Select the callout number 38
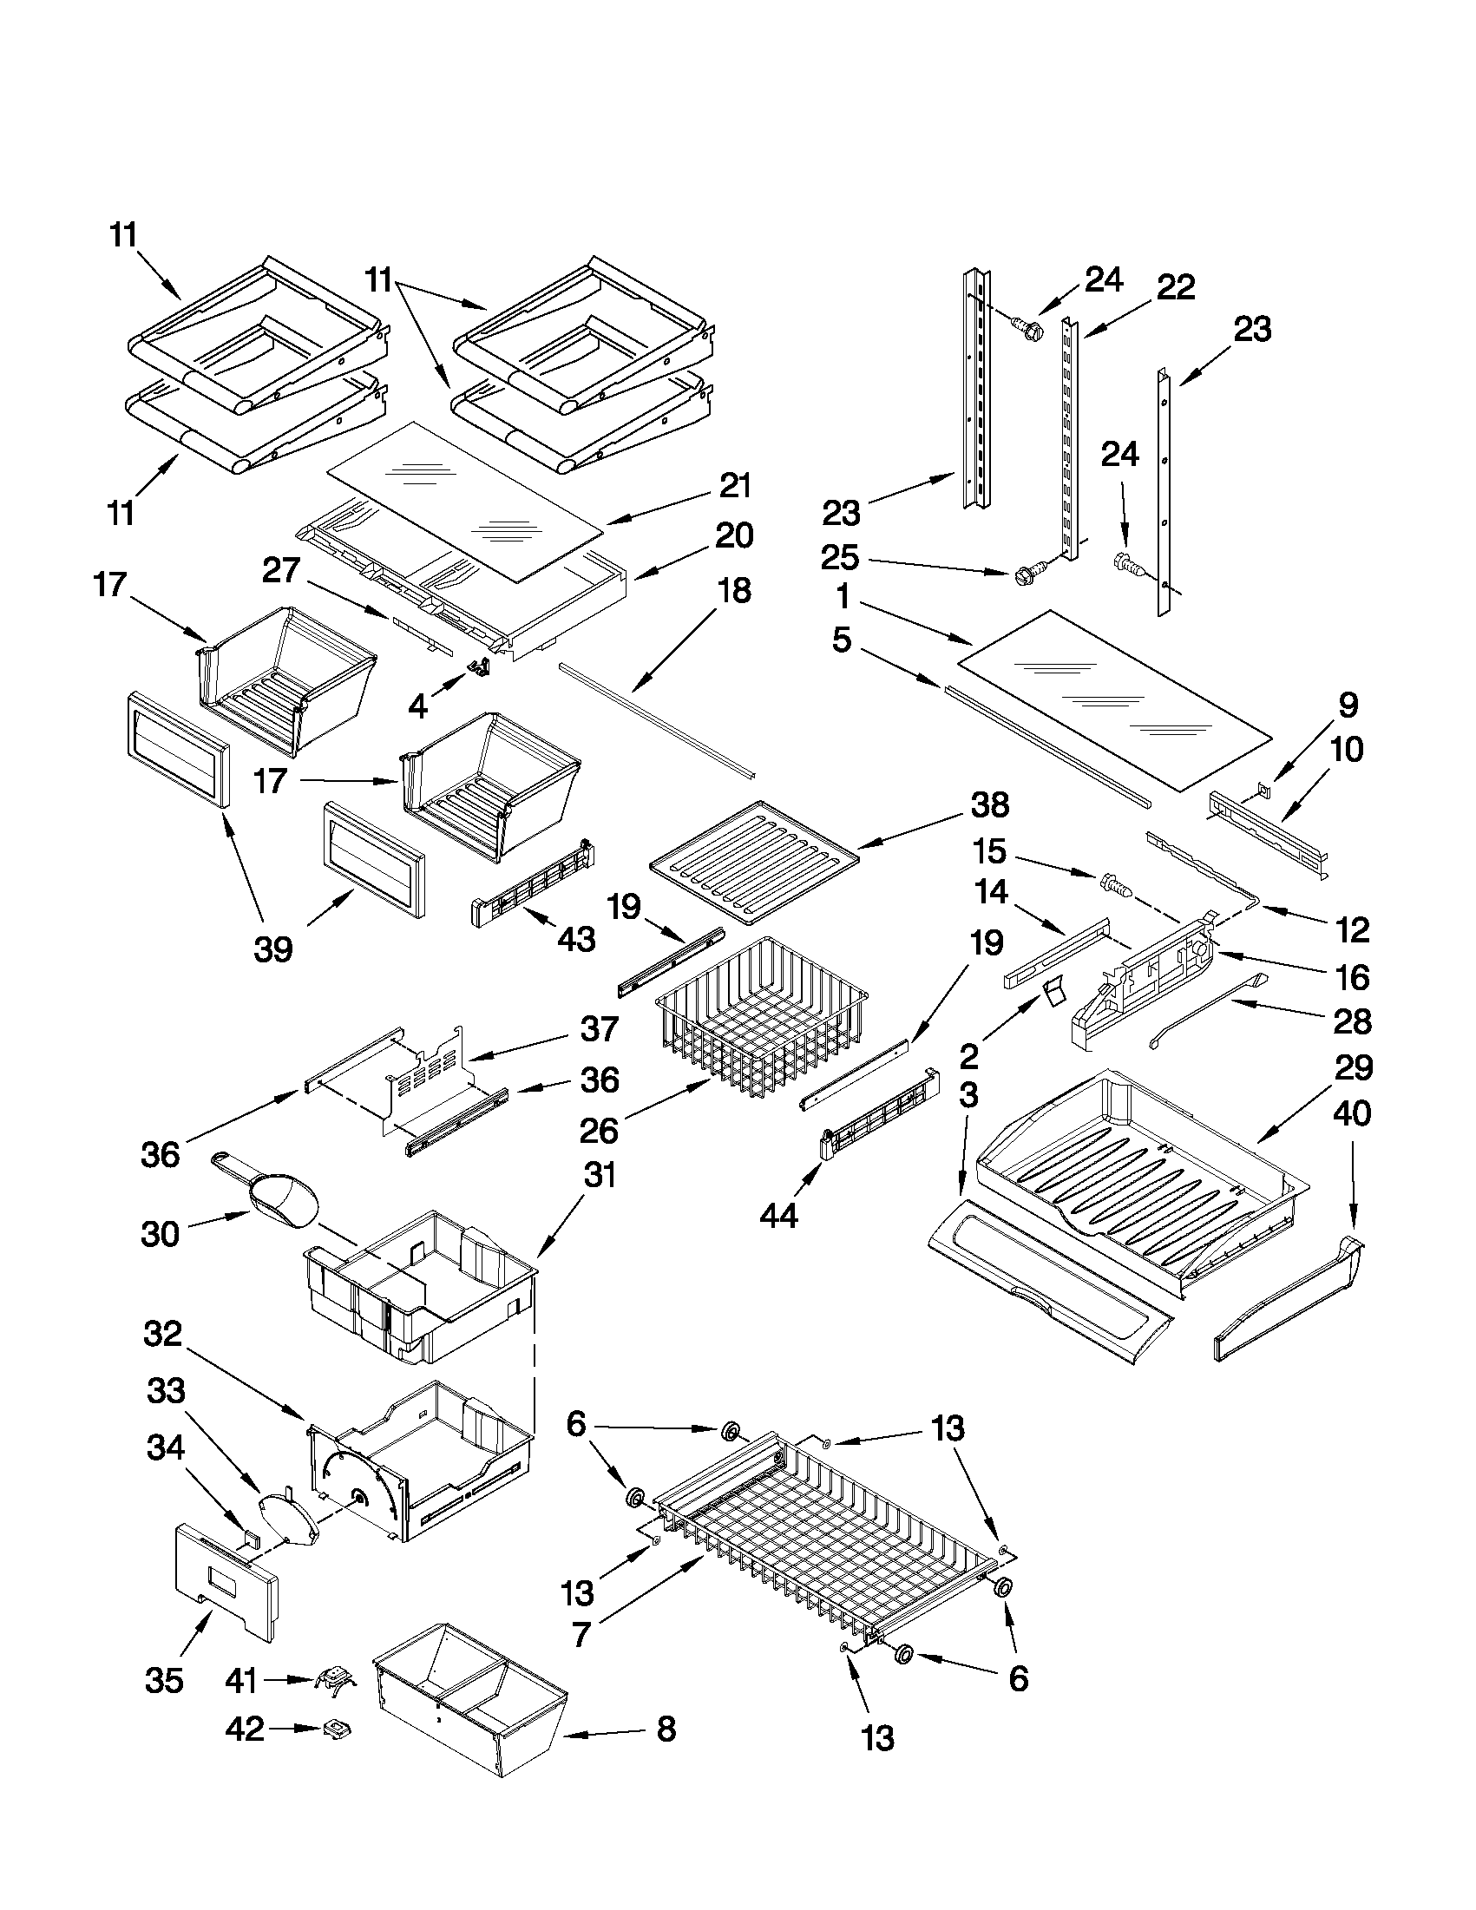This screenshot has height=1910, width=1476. pos(989,804)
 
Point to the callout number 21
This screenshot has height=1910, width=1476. pos(733,485)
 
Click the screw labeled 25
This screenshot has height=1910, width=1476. pos(1024,576)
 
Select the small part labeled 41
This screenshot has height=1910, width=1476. pos(332,1680)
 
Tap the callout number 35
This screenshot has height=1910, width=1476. pos(163,1680)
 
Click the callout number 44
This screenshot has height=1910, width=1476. pos(777,1215)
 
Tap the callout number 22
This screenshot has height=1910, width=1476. pos(1174,286)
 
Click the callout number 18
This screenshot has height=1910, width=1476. pos(733,590)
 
